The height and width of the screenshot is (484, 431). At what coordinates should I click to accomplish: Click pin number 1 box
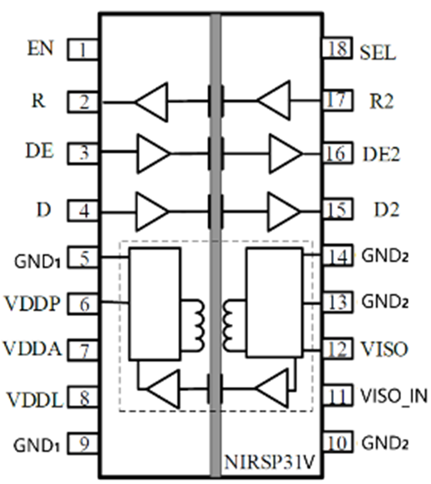(83, 50)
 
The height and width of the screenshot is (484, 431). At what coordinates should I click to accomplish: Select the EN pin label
(41, 49)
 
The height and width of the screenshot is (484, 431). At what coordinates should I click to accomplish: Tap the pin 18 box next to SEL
(338, 49)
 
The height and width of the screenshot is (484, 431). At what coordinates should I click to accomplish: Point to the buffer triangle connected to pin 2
(152, 102)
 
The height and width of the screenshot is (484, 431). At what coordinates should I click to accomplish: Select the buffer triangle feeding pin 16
(285, 154)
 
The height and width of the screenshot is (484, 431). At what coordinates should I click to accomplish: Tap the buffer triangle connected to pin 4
(152, 211)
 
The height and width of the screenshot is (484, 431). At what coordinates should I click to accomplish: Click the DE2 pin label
(381, 154)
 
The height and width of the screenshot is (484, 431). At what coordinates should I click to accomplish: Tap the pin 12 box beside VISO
(338, 350)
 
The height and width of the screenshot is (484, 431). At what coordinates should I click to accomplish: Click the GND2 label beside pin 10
(384, 444)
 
